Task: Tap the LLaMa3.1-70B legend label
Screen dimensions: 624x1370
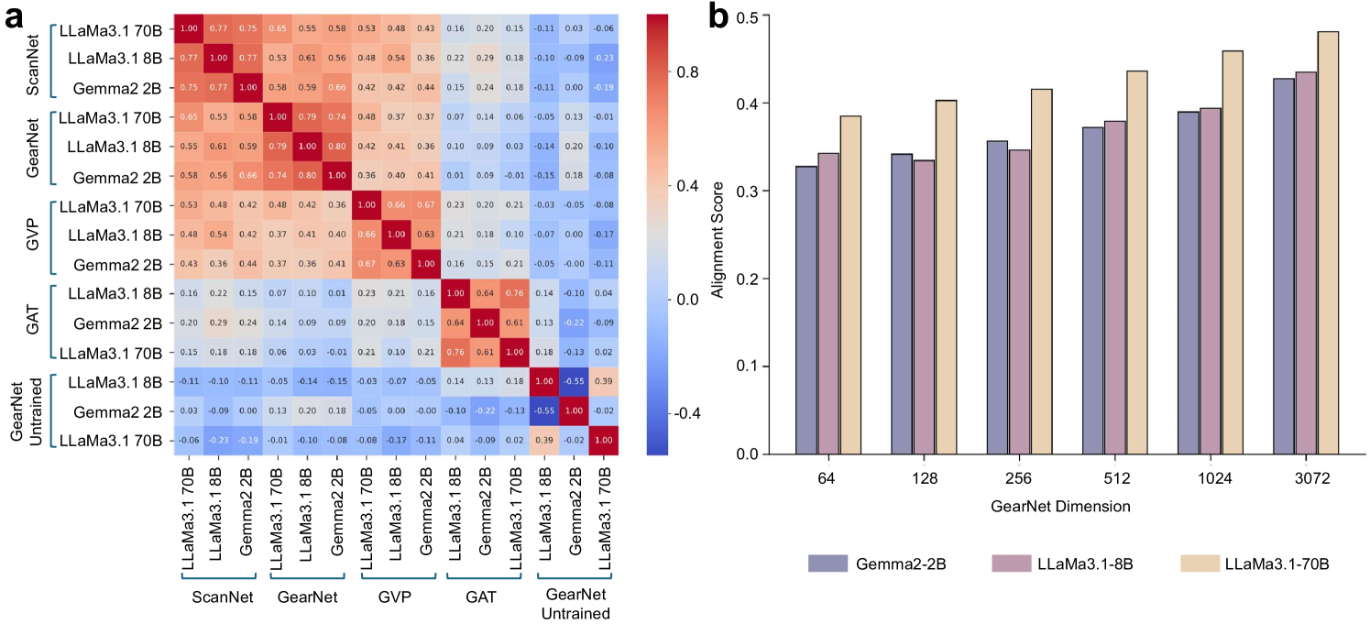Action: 1277,563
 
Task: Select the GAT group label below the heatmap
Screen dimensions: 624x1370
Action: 481,597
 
